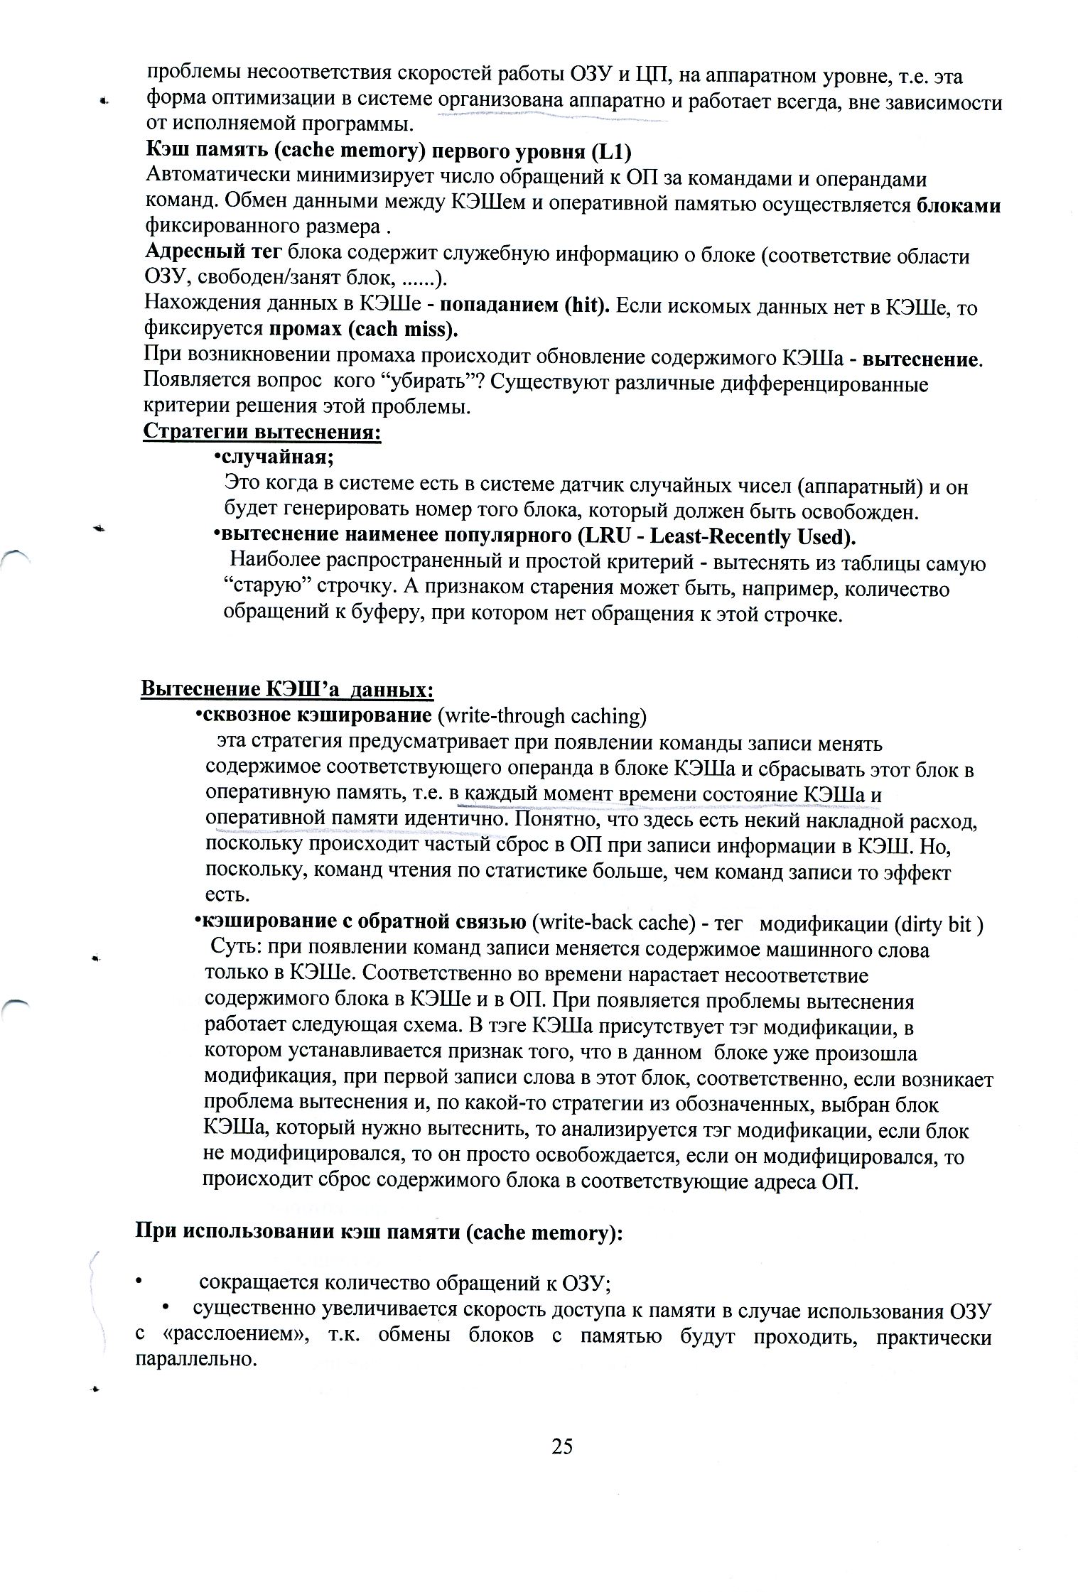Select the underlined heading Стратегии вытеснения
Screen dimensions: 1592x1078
(x=262, y=431)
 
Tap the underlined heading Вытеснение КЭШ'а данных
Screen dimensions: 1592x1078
(x=287, y=688)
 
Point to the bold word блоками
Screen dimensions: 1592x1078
(x=959, y=205)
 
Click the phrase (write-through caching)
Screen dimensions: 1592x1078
(x=542, y=715)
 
